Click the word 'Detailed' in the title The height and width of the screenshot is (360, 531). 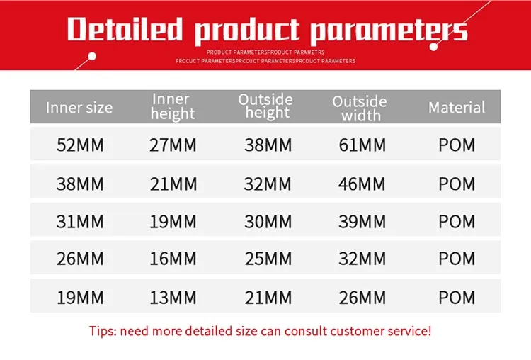click(125, 29)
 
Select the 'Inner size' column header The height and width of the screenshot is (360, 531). click(79, 108)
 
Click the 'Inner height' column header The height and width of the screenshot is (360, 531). click(173, 106)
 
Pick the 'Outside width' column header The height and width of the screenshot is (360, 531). click(360, 108)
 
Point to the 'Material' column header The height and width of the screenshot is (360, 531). click(457, 108)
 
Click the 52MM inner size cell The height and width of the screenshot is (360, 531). click(80, 145)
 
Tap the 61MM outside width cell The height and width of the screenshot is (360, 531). click(362, 145)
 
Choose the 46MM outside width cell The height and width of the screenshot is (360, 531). click(362, 184)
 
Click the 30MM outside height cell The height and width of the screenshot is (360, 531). click(268, 222)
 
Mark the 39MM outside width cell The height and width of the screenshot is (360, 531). click(362, 222)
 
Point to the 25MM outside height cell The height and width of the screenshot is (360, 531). click(268, 259)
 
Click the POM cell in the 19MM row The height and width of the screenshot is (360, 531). click(457, 297)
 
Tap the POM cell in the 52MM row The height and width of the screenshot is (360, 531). click(457, 145)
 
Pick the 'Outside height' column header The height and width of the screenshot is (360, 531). click(266, 106)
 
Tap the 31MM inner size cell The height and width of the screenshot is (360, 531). click(80, 222)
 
